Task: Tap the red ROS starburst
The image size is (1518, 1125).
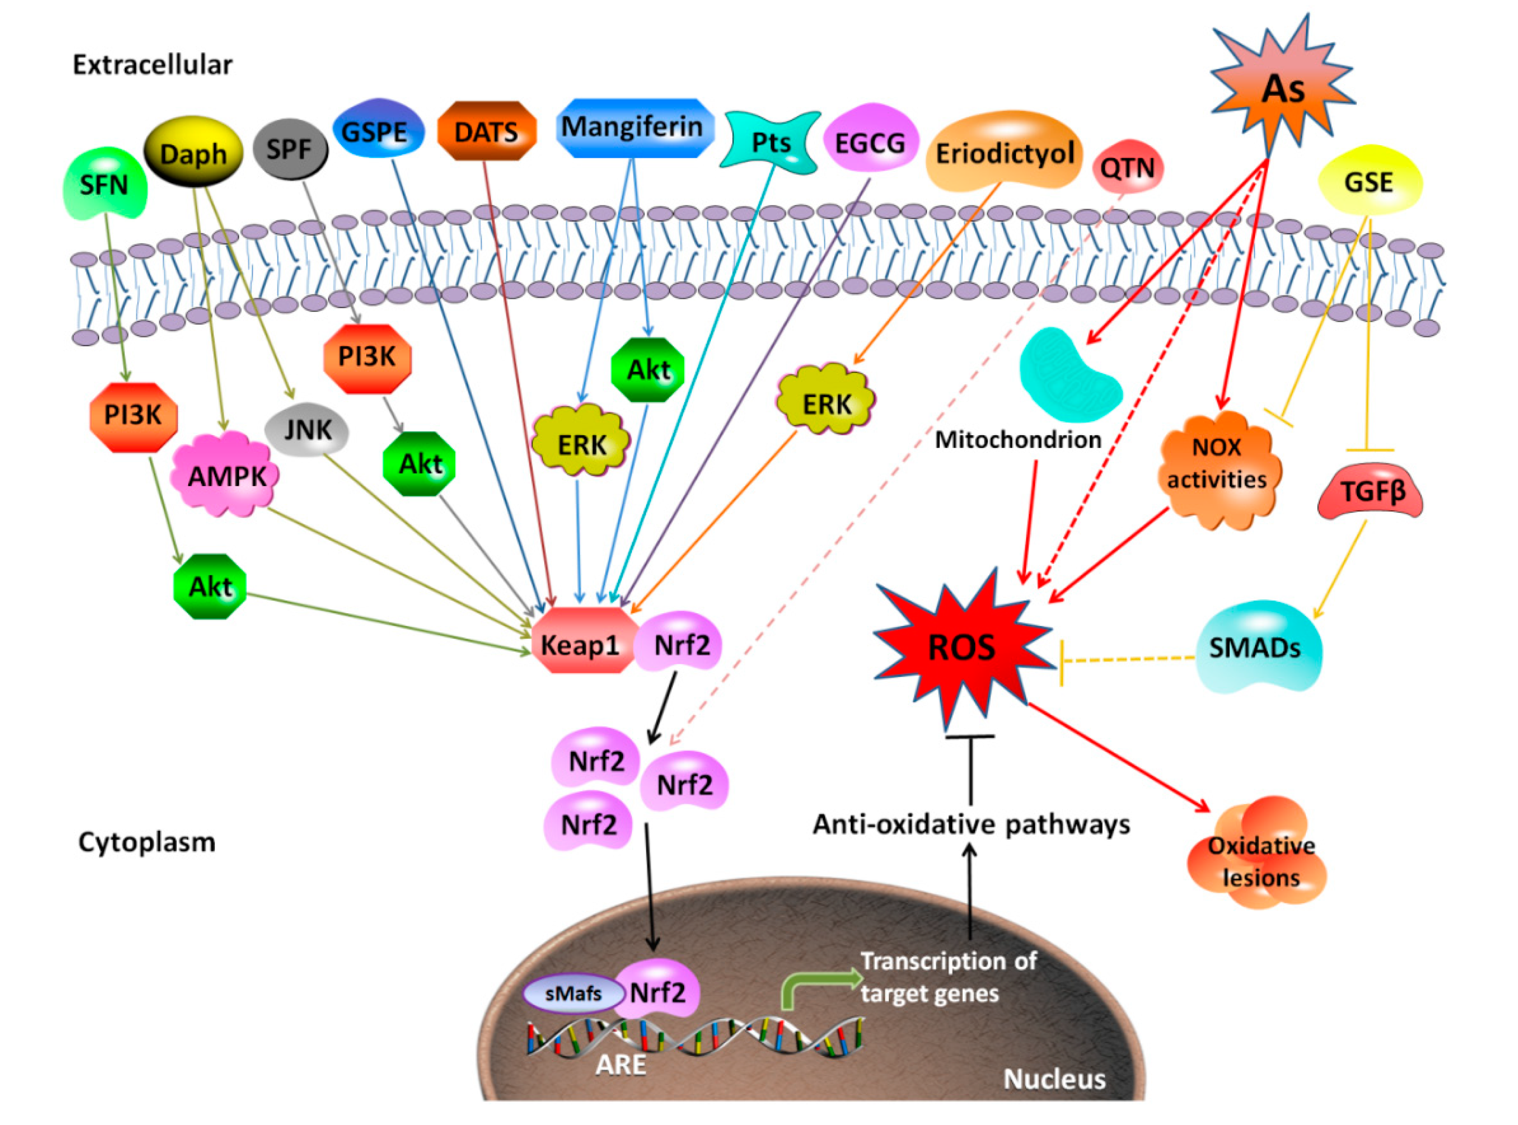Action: [961, 647]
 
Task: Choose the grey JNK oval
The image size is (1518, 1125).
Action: [308, 431]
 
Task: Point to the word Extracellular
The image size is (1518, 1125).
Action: [153, 65]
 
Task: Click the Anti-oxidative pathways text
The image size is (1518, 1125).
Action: [971, 825]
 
